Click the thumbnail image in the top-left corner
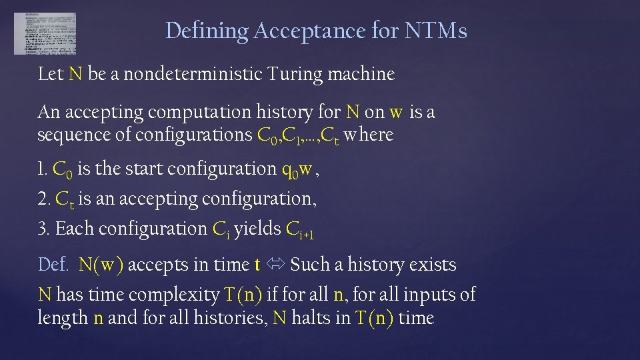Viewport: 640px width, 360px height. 45,33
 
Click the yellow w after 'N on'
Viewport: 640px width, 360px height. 396,112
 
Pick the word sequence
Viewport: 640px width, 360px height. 69,135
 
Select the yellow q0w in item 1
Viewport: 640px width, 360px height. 297,170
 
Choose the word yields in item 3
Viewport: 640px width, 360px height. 257,229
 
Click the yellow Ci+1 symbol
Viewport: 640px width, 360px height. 299,230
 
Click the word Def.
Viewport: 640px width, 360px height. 53,265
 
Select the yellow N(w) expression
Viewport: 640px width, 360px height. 101,265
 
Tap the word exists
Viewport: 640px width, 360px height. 433,265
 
